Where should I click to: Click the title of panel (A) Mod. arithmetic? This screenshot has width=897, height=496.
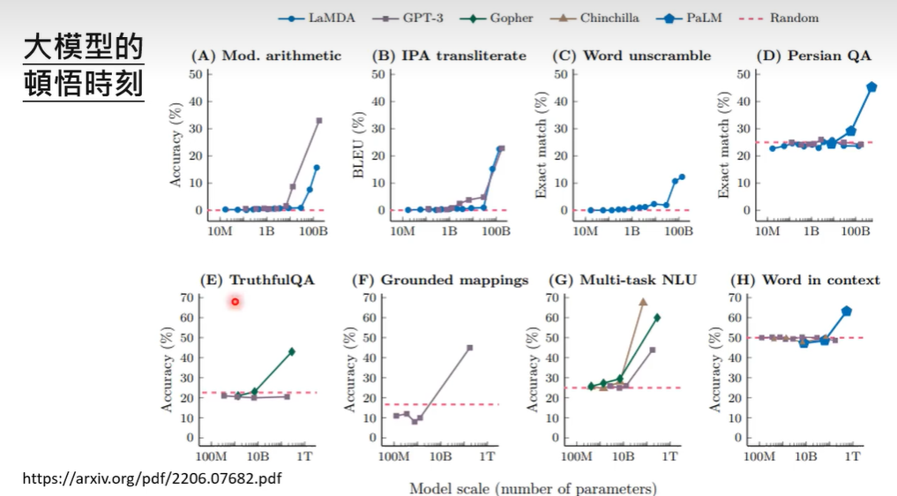point(265,56)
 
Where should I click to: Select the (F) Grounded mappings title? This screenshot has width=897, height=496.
point(440,280)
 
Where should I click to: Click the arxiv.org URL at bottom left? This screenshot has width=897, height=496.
point(152,477)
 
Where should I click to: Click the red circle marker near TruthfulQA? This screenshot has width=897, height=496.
point(235,302)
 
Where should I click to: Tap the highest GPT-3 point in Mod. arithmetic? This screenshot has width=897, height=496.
point(318,120)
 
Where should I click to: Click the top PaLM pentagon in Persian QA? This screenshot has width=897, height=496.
point(871,86)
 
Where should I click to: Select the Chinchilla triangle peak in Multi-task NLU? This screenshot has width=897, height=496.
point(643,302)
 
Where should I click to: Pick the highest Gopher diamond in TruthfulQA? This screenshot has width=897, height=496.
point(291,351)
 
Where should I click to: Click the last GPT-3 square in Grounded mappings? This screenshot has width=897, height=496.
point(469,348)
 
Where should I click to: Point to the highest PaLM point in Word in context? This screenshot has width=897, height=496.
point(846,311)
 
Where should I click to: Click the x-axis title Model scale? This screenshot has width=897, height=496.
point(533,488)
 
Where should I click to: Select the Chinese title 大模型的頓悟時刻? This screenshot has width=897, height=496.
point(83,67)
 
